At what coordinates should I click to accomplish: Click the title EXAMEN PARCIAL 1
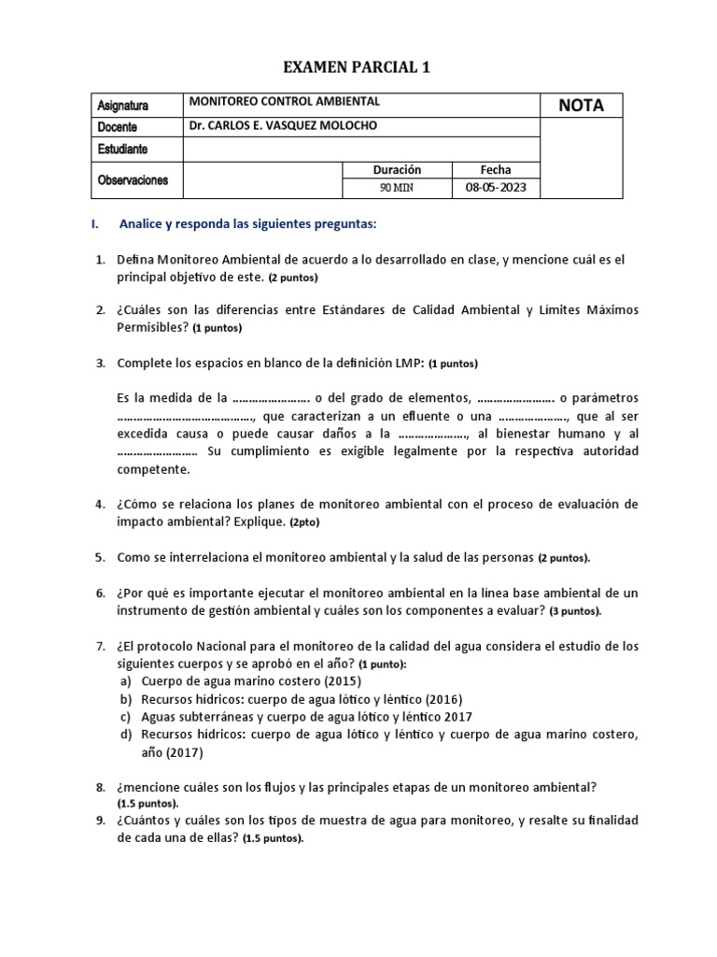pos(358,67)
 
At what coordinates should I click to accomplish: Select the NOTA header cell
pos(581,106)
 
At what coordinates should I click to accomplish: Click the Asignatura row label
pos(122,106)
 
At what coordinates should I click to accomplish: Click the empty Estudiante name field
pos(361,149)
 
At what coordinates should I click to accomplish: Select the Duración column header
pos(397,170)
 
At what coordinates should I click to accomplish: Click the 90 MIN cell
pos(397,188)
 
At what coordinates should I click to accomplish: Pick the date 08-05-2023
pos(496,188)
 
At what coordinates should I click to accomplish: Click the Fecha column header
pos(496,170)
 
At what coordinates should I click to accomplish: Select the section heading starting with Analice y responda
pos(247,225)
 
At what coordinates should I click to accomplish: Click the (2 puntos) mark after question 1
pos(293,279)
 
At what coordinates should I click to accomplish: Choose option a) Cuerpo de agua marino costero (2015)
pos(239,681)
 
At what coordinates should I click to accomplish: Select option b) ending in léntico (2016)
pos(290,699)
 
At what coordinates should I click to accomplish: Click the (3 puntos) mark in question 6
pos(574,611)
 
